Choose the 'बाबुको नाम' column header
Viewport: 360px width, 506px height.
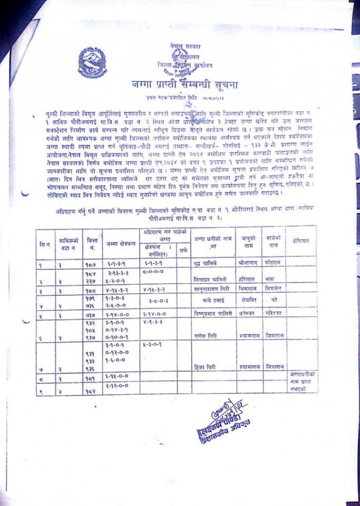(x=248, y=241)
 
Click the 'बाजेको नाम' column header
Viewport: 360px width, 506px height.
(x=273, y=241)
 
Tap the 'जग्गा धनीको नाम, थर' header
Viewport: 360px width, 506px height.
(x=209, y=241)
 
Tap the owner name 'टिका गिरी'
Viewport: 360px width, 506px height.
(x=207, y=366)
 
